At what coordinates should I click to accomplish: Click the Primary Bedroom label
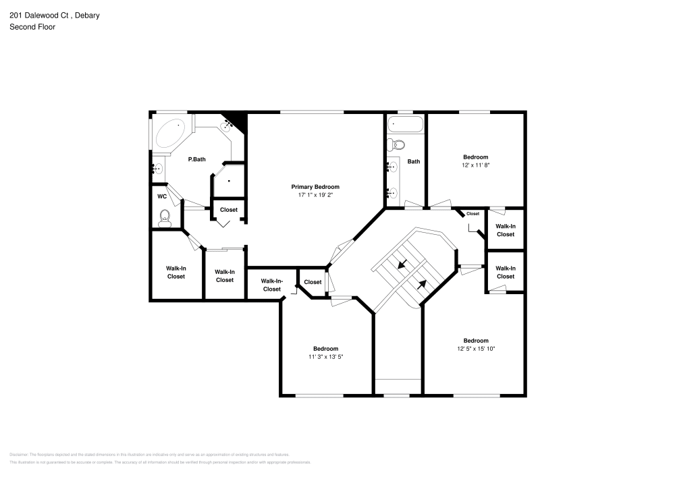pos(315,187)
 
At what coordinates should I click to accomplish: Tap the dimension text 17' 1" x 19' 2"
pos(315,195)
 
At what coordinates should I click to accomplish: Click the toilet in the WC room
pos(164,217)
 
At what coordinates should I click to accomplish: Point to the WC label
pos(162,196)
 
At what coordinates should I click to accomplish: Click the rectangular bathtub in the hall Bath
pos(406,124)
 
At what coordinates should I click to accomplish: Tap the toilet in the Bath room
pos(398,144)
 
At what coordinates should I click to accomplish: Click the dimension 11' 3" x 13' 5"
pos(327,356)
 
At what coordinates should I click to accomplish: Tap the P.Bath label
pos(196,159)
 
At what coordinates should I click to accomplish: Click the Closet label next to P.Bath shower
pos(229,210)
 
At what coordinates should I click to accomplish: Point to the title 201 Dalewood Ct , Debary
pos(55,16)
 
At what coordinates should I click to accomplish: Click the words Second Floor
pos(32,27)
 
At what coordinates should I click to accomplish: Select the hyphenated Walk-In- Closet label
pos(271,285)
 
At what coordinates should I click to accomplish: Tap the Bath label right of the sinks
pos(414,161)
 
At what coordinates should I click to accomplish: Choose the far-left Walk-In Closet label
pos(175,272)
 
